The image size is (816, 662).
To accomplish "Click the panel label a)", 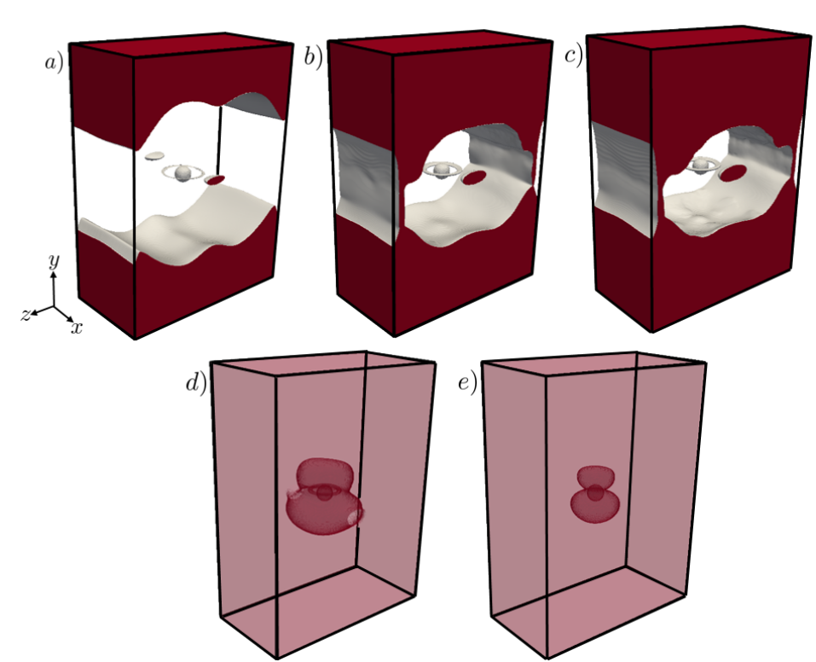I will pos(55,64).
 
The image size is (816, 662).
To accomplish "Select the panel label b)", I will pos(313,60).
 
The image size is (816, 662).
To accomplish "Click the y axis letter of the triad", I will pos(53,262).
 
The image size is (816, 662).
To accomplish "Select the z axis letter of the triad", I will pos(26,315).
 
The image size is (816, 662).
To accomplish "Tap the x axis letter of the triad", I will pos(77,327).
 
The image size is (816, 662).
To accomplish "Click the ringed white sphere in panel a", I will pos(182,173).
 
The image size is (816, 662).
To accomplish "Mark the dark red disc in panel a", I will pos(216,180).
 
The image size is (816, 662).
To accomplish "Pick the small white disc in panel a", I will pos(154,156).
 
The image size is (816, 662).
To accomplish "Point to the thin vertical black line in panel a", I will pos(220,136).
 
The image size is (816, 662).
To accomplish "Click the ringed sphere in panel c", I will pos(703,165).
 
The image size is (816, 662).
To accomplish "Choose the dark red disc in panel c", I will pos(732,173).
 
